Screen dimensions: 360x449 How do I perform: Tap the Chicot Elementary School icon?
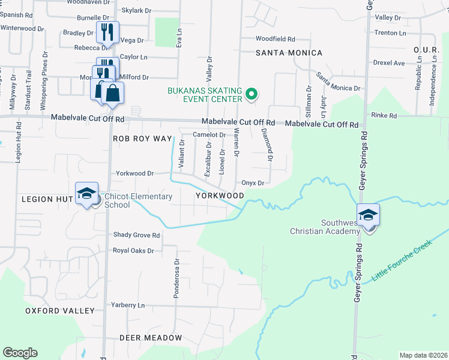pos(86,193)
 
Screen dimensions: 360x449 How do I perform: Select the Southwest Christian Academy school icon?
pos(368,214)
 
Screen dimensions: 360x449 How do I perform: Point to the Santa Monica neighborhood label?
pos(289,53)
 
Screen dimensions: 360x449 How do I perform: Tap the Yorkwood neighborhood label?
pos(220,196)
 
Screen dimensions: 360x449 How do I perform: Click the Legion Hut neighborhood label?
pos(46,199)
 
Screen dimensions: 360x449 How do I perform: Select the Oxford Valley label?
pos(60,311)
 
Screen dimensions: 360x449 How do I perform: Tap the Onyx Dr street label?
pos(253,183)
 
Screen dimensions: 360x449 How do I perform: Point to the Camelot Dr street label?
pos(209,135)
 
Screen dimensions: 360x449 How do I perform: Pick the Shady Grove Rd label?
pos(137,235)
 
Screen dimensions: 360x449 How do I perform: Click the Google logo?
pos(20,353)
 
